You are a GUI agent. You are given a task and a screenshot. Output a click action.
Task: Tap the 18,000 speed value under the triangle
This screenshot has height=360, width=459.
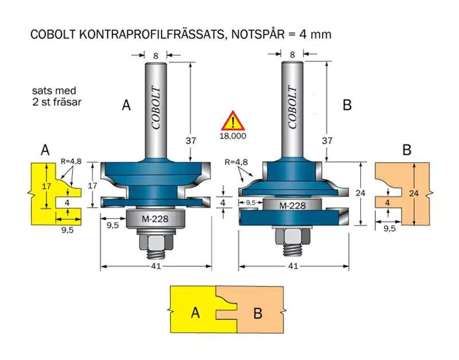[x=233, y=136]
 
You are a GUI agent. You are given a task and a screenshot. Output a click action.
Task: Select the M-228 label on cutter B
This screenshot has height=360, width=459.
[x=292, y=206]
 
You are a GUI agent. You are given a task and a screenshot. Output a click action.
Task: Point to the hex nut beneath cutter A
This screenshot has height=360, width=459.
[x=155, y=243]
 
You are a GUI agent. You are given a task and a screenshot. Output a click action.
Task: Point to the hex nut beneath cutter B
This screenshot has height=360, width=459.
[x=292, y=236]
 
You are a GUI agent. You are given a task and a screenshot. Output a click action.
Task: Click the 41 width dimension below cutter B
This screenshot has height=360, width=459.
[x=293, y=266]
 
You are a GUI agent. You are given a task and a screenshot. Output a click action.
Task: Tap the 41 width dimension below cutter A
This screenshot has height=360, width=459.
[x=155, y=266]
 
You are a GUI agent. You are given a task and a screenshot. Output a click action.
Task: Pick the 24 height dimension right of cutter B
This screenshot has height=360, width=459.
[x=360, y=193]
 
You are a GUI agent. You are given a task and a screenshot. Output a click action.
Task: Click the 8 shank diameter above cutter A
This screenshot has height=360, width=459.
[x=155, y=55]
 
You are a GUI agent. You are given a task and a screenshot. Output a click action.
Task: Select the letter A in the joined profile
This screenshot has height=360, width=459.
[x=195, y=313]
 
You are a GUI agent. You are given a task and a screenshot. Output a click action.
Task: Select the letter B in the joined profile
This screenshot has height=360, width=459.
[x=258, y=313]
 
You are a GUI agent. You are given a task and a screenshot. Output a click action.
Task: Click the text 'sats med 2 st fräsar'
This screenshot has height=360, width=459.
[x=55, y=96]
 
